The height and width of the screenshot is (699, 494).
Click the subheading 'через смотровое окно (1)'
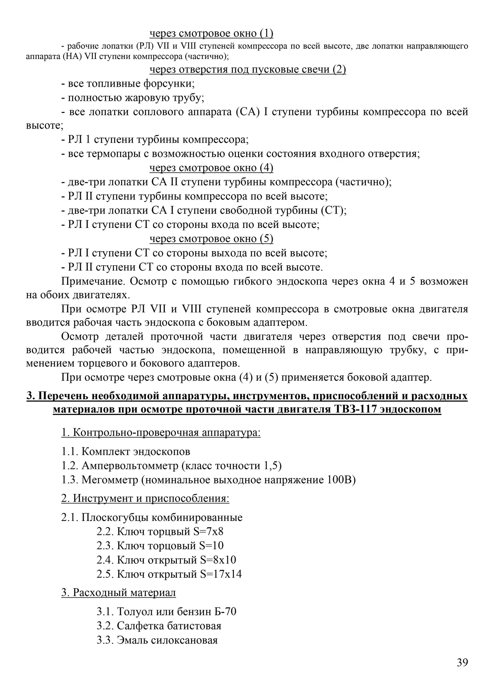(211, 33)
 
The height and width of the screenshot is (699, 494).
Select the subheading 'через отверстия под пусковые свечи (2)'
(248, 69)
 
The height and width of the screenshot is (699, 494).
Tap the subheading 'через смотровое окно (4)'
(211, 168)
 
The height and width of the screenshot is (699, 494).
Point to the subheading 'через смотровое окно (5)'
(211, 239)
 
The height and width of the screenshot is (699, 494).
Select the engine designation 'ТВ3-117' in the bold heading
(355, 410)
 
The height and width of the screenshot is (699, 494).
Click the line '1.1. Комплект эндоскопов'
(126, 452)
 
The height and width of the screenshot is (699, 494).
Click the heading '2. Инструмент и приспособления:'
(145, 498)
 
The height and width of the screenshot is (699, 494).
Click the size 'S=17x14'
(221, 574)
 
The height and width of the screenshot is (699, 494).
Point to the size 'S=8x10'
(218, 560)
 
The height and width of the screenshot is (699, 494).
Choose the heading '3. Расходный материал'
(118, 593)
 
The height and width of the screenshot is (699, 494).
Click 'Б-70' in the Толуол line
(225, 612)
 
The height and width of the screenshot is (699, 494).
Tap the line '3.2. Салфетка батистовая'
(159, 626)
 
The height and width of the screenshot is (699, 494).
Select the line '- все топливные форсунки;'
(128, 84)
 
